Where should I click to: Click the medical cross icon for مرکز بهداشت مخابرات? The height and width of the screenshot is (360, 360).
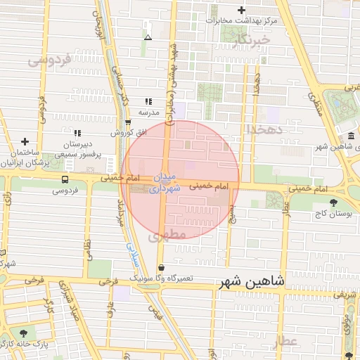tap(242, 10)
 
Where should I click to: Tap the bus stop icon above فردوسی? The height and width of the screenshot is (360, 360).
tap(65, 179)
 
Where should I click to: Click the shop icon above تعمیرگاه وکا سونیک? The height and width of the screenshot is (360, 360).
tap(162, 268)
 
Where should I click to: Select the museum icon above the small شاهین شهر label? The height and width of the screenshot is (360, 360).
tap(351, 136)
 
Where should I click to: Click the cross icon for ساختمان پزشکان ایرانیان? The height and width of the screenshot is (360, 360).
tap(25, 141)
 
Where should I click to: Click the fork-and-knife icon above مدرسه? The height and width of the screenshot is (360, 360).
tap(148, 101)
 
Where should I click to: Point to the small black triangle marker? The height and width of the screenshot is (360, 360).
tap(148, 37)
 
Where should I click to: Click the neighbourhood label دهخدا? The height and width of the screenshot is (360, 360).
tap(264, 129)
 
